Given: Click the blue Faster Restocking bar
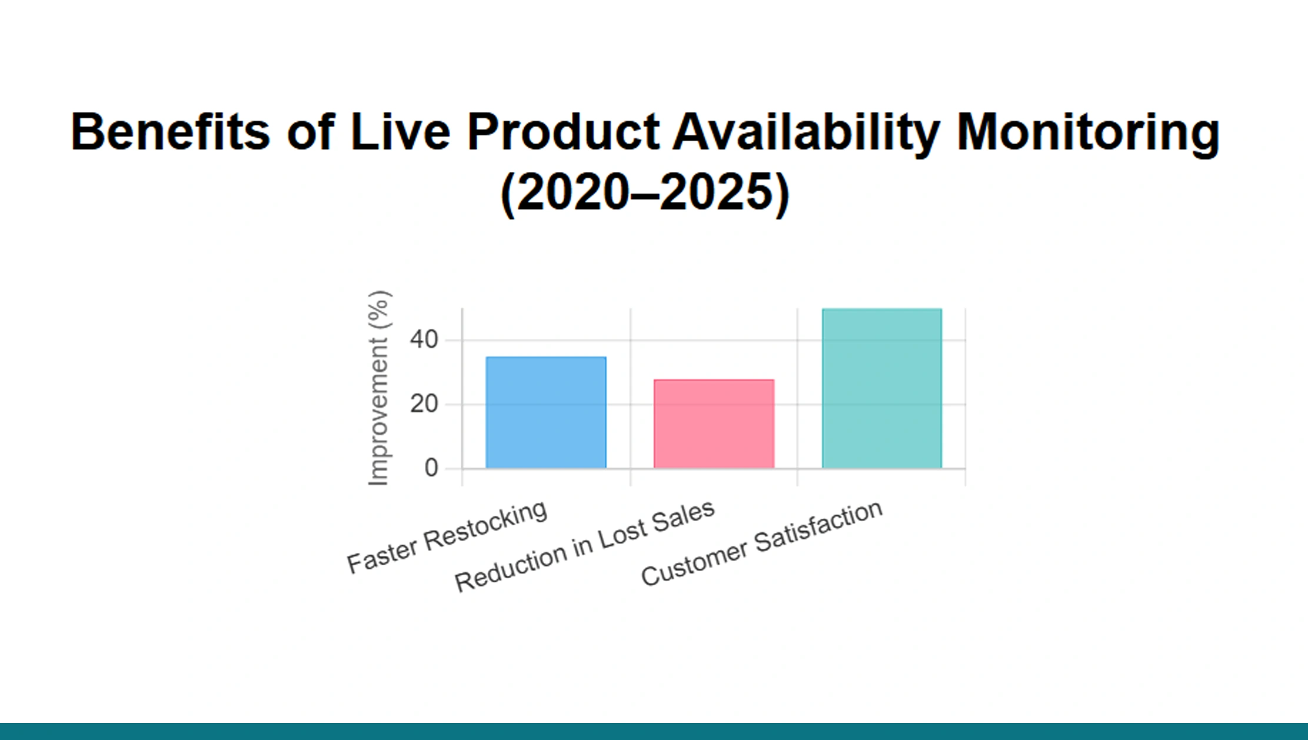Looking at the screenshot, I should tap(546, 412).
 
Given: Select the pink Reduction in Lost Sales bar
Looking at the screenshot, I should tap(714, 424).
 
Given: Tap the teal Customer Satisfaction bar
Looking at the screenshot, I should tap(881, 389).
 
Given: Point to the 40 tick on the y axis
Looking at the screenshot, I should tap(424, 340).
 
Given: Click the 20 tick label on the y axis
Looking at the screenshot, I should tap(424, 404).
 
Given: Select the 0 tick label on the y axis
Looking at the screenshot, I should tap(431, 468).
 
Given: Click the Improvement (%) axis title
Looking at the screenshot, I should tap(378, 389).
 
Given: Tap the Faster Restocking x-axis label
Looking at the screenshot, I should tap(447, 537).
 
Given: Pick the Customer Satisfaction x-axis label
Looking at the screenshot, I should tap(761, 543).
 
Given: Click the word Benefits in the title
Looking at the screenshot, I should tap(170, 132).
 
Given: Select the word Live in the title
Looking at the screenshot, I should tap(400, 132).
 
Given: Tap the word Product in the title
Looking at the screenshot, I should tap(563, 132).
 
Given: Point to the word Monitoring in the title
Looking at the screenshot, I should tap(1088, 132).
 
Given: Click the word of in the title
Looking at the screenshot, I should tap(311, 132).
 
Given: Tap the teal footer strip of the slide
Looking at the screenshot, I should tap(654, 731).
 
